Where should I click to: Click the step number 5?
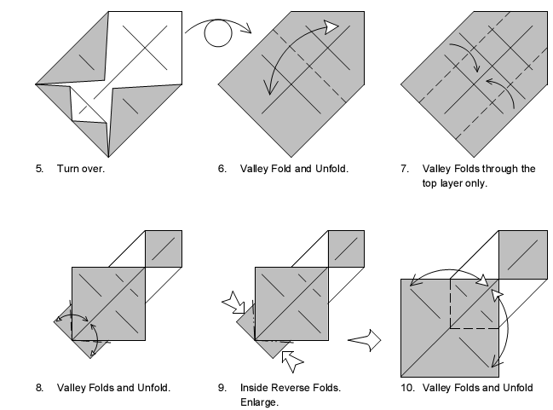(x=39, y=169)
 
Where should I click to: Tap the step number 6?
(x=222, y=169)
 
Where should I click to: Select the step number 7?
(x=404, y=169)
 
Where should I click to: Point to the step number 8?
(x=39, y=388)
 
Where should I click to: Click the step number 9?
(x=222, y=388)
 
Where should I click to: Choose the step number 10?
(x=406, y=388)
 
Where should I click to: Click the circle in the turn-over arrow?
(x=218, y=36)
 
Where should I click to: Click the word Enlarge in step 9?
(x=259, y=402)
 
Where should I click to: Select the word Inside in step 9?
(x=255, y=388)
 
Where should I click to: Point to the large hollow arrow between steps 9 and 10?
(x=365, y=341)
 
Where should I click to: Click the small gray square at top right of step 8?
(x=163, y=248)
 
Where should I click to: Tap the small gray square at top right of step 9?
(x=345, y=248)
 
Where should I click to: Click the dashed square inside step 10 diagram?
(x=474, y=303)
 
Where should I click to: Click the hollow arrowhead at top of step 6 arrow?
(x=329, y=27)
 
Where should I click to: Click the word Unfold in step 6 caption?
(x=329, y=169)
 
